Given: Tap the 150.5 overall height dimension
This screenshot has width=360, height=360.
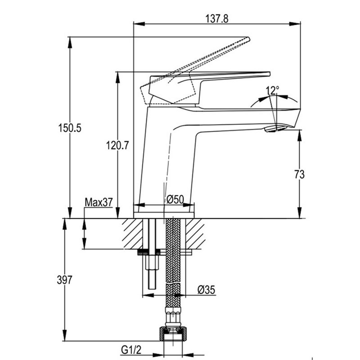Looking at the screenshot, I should coord(70,128).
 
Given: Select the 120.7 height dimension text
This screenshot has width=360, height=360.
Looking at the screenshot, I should coord(118,145).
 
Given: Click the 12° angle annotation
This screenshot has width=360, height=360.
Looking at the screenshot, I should coord(272,90).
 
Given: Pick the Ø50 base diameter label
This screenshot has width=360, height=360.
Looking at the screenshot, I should coord(175,199).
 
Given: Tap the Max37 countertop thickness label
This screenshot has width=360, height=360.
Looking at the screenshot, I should coord(99,202).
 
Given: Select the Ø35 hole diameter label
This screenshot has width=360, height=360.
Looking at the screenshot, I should coord(206,290).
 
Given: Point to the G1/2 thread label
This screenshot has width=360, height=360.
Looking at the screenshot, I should coord(130,348).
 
